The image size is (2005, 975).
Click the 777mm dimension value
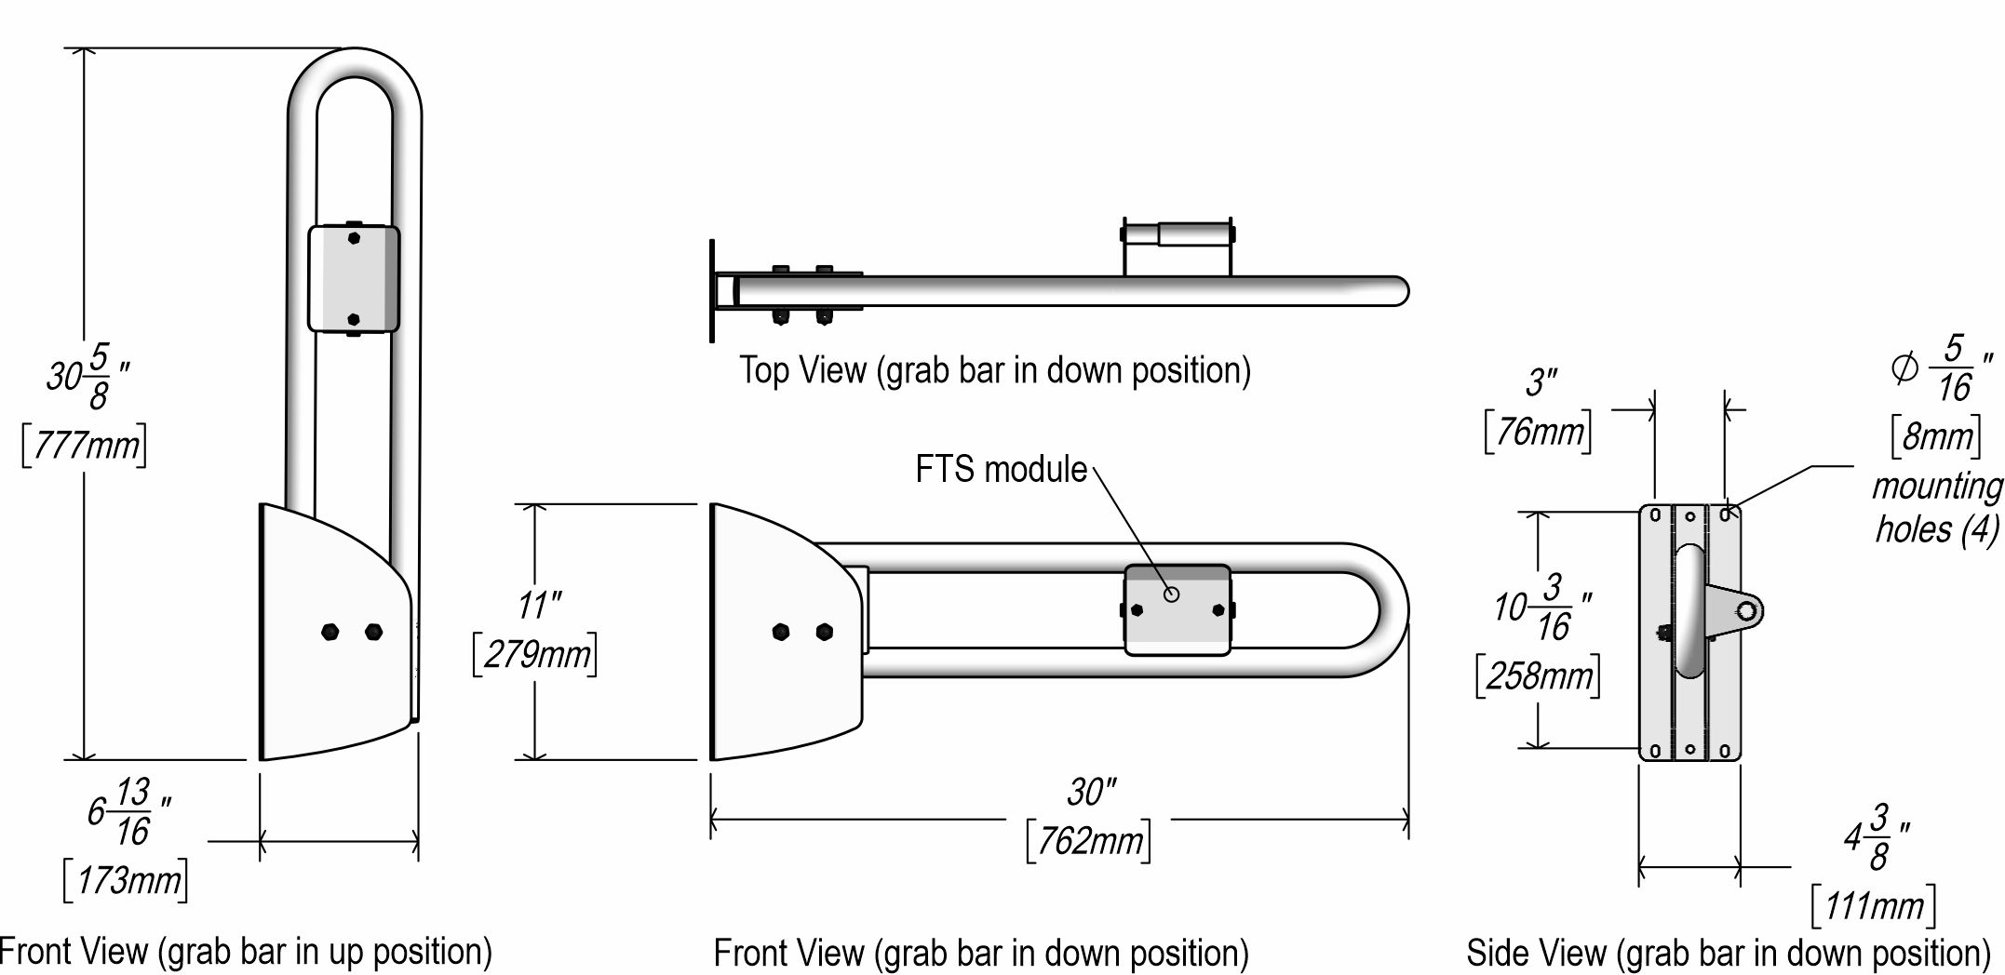85,447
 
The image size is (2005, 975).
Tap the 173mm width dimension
127,880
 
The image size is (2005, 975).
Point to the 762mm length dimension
1089,842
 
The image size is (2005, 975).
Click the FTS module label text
1001,469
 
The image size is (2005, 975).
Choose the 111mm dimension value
1874,905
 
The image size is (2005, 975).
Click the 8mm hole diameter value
1937,436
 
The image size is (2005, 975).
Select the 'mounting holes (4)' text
1937,508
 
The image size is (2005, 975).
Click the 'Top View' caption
994,370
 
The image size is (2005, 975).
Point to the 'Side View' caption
1728,953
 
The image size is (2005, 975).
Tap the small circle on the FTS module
1172,594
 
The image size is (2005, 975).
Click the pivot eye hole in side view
1747,610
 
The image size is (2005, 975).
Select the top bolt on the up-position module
354,237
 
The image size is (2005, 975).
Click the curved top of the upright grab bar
355,65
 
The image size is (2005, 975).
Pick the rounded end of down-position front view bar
1392,609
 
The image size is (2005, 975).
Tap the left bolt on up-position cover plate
330,633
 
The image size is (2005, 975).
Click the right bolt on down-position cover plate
824,633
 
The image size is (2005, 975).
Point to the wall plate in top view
712,290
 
